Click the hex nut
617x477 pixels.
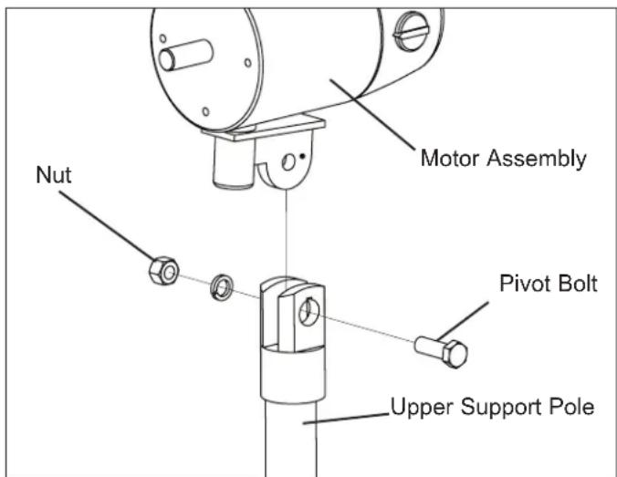tap(163, 271)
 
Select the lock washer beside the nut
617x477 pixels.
tap(222, 287)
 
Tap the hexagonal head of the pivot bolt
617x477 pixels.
tap(455, 354)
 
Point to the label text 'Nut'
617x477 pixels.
tap(54, 174)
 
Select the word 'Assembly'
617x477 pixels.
tap(537, 160)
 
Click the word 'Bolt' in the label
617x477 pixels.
tap(578, 283)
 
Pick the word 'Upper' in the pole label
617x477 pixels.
tap(422, 408)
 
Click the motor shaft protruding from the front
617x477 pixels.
tap(185, 55)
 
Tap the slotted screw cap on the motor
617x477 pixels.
tap(411, 31)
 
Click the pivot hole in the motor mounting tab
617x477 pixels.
tap(288, 161)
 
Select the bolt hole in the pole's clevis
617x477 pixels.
tap(309, 311)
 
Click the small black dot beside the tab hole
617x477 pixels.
tap(302, 156)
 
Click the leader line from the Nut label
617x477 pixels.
tap(106, 225)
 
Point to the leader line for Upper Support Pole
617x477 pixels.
tap(346, 419)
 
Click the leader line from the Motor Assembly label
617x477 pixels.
tap(372, 114)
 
